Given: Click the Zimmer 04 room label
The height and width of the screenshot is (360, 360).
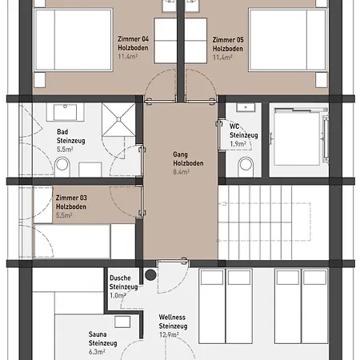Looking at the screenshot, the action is tap(133, 39).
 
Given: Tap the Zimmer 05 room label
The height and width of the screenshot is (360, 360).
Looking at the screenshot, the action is tap(228, 40).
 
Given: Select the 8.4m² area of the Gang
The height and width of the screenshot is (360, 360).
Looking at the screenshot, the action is tap(181, 172).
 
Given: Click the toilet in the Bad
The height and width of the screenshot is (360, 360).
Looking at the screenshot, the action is tap(62, 166).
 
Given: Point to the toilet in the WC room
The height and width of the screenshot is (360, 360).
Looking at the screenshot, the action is tap(246, 166).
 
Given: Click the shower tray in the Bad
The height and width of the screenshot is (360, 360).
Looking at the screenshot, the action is tap(118, 120).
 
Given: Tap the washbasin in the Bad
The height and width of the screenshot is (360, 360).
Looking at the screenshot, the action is tap(66, 112).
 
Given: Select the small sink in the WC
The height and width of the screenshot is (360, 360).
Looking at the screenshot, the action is tap(246, 107).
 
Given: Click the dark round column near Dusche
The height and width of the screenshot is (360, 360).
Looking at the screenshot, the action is tap(150, 275).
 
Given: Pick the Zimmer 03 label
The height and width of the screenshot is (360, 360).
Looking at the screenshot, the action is tap(71, 198).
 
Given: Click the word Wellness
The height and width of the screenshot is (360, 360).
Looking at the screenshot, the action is tap(172, 318).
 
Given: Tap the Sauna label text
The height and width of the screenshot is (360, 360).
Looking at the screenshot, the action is tap(98, 334).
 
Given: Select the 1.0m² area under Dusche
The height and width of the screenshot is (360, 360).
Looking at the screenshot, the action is tap(118, 295).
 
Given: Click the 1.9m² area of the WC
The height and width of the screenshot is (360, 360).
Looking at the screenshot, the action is tap(238, 144).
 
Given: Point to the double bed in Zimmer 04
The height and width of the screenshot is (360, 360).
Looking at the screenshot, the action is tap(74, 40).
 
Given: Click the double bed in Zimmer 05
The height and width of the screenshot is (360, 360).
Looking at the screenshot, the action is tap(288, 40).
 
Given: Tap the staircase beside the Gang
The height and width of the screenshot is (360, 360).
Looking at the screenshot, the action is tap(274, 222).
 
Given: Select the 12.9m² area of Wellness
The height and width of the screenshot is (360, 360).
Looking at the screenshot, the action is tap(169, 334).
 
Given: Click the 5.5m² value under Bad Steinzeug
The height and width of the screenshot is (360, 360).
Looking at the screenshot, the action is tap(65, 150).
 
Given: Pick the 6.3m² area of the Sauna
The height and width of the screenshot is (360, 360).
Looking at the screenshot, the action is tap(97, 352).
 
